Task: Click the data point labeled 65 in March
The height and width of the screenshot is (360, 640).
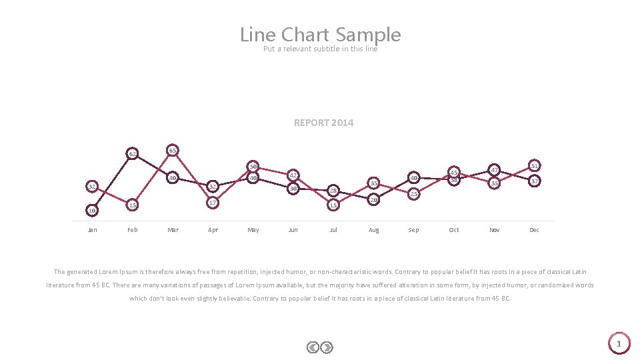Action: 172,151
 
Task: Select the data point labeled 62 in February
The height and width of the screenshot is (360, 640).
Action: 132,155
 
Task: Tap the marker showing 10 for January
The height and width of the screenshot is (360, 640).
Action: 92,211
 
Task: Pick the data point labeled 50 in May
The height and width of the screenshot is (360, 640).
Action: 253,166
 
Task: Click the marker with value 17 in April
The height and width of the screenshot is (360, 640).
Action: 213,203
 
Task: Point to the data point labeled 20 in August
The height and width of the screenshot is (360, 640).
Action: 374,200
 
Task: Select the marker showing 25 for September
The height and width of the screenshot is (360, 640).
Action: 414,194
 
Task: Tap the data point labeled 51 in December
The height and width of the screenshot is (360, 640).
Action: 535,165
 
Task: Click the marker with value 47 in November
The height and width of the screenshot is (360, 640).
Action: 494,170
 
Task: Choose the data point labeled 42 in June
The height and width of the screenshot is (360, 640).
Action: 293,175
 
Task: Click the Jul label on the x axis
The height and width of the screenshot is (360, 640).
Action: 333,230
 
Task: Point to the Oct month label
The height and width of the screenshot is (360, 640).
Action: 454,230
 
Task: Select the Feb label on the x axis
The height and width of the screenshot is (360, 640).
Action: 132,230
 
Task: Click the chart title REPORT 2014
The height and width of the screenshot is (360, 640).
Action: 323,123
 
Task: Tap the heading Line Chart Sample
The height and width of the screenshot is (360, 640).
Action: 320,34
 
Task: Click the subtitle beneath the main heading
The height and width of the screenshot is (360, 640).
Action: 320,49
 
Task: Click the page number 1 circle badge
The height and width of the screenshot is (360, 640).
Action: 619,343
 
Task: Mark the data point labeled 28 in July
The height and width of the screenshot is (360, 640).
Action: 333,190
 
